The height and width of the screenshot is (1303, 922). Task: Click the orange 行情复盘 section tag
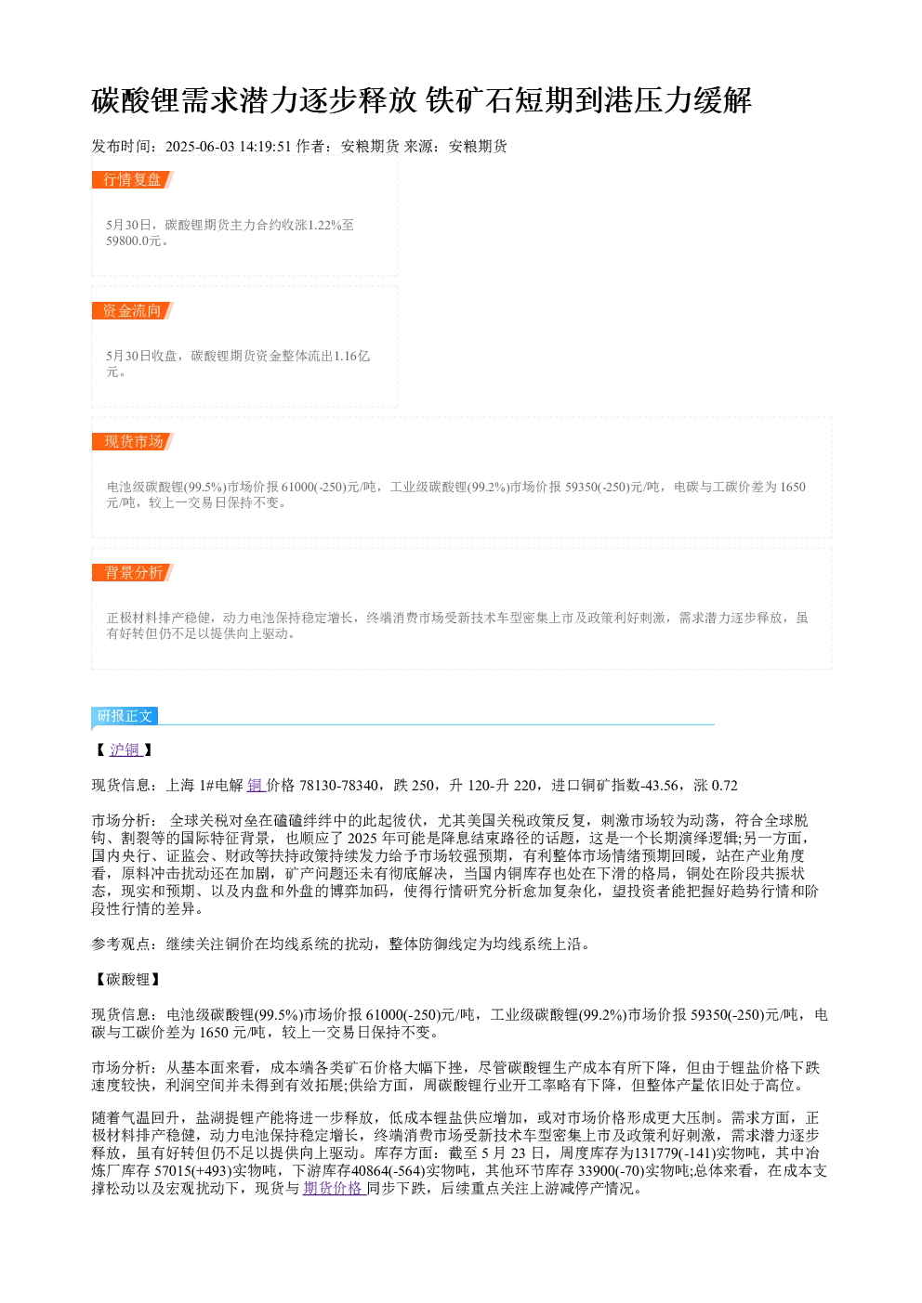click(133, 180)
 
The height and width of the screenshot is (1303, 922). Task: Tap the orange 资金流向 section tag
click(133, 310)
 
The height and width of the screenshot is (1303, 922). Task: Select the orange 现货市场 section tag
click(133, 441)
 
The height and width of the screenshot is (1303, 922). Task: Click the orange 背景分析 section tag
click(133, 572)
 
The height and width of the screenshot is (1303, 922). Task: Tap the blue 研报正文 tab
click(125, 716)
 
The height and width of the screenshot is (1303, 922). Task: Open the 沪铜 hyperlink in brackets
click(125, 749)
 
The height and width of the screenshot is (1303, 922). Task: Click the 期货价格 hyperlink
click(334, 1189)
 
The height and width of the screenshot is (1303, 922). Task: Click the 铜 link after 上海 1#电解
click(256, 786)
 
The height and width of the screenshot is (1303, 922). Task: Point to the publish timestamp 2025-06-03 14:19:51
click(228, 146)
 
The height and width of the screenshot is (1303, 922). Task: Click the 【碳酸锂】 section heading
click(125, 979)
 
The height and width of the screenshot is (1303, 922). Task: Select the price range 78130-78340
click(338, 786)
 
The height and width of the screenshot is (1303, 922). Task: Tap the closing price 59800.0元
click(133, 241)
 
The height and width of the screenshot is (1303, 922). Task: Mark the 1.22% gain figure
click(324, 225)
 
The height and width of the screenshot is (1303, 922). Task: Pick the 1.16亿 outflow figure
click(351, 356)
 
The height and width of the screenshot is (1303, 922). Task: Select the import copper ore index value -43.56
click(659, 786)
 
